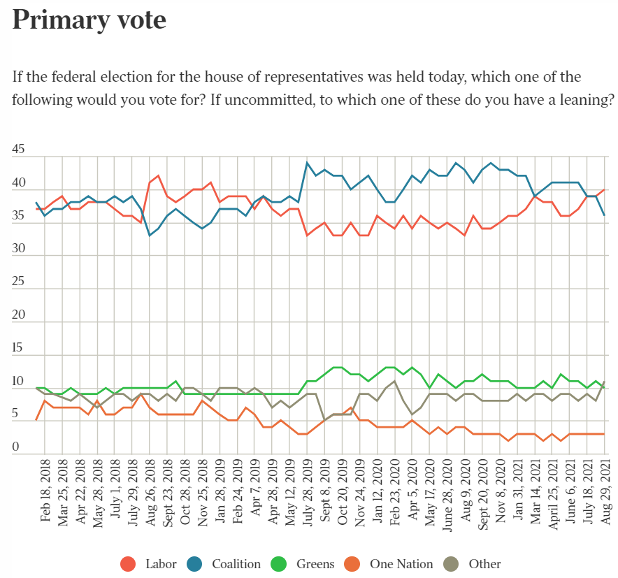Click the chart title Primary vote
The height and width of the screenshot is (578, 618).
pos(89,20)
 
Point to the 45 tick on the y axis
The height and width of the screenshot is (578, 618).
pos(19,150)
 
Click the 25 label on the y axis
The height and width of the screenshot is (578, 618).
pos(19,282)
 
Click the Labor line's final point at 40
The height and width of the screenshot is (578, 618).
pos(605,189)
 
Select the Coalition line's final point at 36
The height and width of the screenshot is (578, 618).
pos(605,215)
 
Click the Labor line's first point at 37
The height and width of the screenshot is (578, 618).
pos(36,209)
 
